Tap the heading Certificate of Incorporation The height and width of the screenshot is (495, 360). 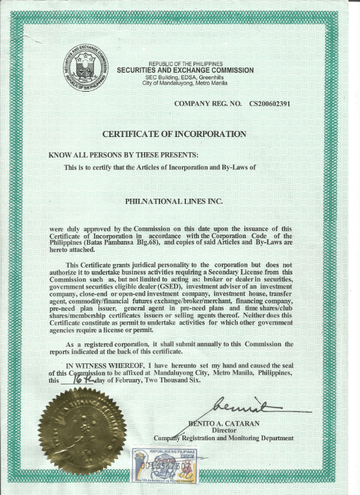174,134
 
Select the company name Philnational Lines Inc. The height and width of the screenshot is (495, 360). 174,201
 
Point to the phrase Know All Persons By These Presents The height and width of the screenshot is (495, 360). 124,155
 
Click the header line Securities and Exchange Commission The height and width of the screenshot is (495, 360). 185,71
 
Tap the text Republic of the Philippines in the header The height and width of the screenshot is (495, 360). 185,63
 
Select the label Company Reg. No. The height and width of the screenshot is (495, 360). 208,104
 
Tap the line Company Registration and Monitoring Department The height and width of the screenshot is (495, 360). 223,438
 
